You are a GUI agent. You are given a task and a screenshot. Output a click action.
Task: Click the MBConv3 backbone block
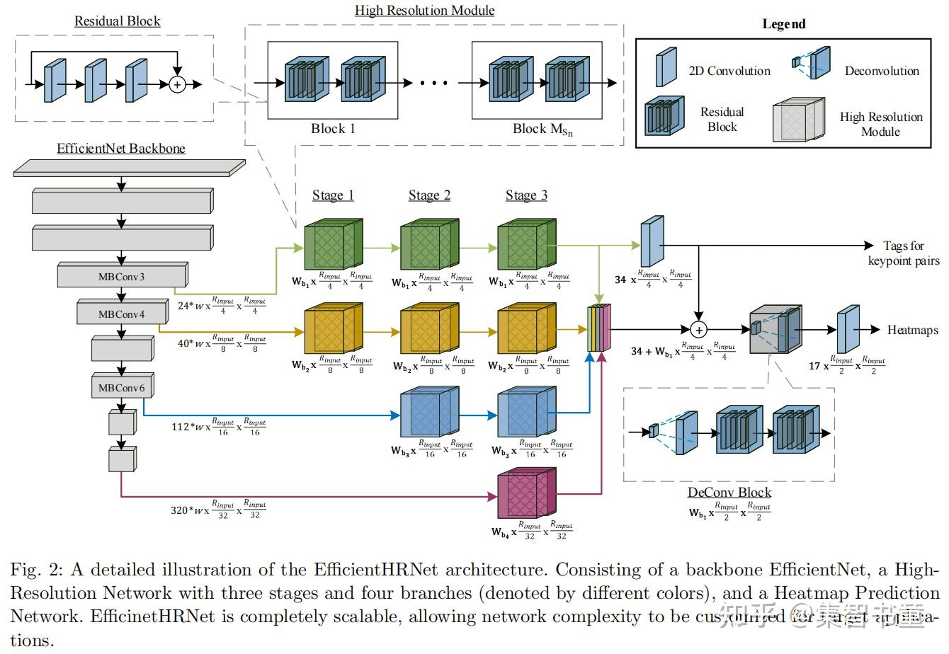tap(122, 276)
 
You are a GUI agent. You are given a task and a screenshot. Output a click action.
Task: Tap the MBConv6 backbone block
tap(122, 387)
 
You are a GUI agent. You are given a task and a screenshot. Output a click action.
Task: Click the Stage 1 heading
tap(333, 195)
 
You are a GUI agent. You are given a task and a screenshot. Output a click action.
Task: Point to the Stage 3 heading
tap(526, 195)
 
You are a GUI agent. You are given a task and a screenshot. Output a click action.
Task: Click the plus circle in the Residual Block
tap(177, 84)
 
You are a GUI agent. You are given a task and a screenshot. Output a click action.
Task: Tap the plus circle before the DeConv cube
tap(699, 330)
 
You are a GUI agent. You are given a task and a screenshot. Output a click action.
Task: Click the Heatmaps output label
tap(912, 330)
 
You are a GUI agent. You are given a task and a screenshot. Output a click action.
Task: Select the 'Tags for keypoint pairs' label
tap(904, 253)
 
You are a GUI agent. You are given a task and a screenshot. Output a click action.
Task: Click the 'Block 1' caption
tap(333, 129)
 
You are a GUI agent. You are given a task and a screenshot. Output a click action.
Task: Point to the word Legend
tap(784, 24)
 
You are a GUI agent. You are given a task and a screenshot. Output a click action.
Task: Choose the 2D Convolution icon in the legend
tap(666, 67)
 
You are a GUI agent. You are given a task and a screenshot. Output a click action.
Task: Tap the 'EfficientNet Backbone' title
tap(121, 149)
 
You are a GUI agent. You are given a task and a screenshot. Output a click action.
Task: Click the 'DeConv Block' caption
tap(729, 493)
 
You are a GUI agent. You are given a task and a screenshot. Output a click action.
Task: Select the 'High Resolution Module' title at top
tap(425, 11)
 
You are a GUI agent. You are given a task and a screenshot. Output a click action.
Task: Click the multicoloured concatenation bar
tap(598, 330)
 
